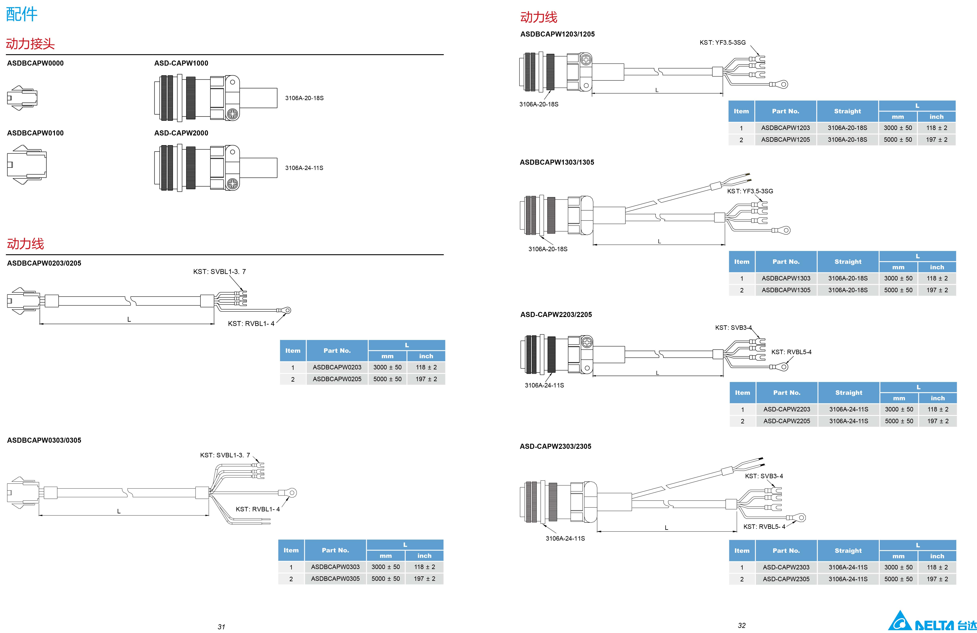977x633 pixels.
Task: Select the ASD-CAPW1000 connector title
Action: tap(181, 63)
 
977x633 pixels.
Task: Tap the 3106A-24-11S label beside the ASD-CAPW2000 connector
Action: tap(304, 168)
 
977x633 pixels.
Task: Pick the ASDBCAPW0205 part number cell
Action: tap(337, 379)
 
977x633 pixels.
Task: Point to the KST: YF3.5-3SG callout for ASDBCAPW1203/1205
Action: tap(723, 43)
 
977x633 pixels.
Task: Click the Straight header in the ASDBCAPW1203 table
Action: tap(847, 111)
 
